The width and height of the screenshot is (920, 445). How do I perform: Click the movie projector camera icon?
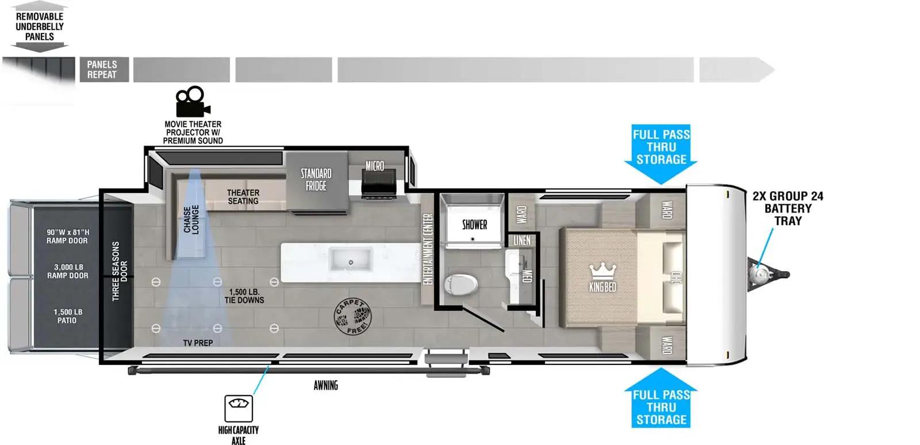point(193,101)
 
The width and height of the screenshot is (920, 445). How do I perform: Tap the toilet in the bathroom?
point(461,284)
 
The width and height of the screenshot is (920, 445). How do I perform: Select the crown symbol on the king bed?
point(603,272)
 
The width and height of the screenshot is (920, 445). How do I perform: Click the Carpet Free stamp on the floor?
point(352,316)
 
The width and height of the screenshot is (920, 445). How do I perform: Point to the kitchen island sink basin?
point(351,260)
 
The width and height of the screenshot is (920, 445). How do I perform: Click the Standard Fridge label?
point(316,180)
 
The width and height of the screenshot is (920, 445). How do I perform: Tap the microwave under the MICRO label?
point(379,183)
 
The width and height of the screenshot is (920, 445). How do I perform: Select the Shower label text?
point(474,225)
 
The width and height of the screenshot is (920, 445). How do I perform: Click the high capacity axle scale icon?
point(239,408)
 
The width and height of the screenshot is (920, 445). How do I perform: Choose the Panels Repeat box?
point(104,70)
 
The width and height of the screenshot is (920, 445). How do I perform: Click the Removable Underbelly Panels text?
point(40,26)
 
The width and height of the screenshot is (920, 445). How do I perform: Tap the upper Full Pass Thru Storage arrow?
point(661,153)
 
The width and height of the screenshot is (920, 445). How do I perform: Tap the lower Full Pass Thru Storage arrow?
point(661,398)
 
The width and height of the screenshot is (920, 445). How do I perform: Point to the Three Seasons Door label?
point(120,271)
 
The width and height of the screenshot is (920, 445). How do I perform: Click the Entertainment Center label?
point(428,249)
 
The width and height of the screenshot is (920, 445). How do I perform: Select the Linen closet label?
point(522,240)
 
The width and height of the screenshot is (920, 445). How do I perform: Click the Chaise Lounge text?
point(191,219)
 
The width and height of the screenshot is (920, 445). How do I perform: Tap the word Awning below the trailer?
point(325,385)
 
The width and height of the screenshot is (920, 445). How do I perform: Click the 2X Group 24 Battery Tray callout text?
point(788,208)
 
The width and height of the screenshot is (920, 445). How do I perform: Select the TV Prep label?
point(198,343)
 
